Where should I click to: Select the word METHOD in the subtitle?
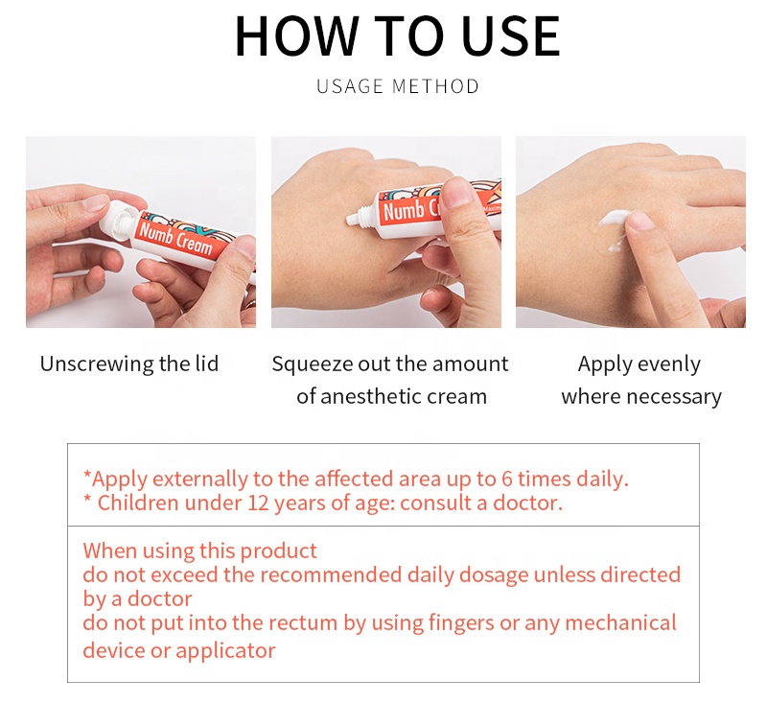[435, 86]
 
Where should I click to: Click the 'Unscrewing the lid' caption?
[129, 363]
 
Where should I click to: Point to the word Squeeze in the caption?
[313, 365]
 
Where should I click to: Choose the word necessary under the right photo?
[678, 397]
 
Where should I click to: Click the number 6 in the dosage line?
[507, 479]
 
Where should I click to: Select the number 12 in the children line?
[258, 503]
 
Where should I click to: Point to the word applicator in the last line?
[225, 651]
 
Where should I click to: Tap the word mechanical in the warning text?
[620, 622]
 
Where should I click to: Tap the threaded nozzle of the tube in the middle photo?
[362, 215]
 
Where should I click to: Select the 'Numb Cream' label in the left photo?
[176, 239]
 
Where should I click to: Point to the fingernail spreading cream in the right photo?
[639, 221]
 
